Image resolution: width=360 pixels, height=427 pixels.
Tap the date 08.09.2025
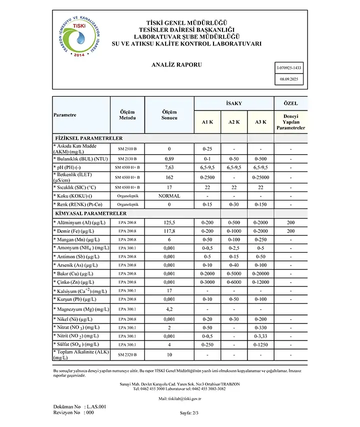[x=289, y=79]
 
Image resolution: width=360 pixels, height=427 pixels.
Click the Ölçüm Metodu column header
[x=127, y=114]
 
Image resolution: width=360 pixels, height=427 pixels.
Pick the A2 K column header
[x=233, y=122]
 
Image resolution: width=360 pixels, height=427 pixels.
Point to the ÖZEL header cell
[x=290, y=103]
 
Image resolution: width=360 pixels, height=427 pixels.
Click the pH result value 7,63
[x=169, y=167]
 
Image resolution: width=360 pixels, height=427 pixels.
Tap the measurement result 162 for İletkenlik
[x=169, y=177]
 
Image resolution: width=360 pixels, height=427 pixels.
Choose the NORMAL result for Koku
[x=169, y=196]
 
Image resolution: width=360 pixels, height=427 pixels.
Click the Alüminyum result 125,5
[x=169, y=222]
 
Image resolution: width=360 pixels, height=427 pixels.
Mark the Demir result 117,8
[x=169, y=231]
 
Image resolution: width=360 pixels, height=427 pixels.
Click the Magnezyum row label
[x=80, y=309]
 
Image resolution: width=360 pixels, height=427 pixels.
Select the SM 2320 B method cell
[x=127, y=354]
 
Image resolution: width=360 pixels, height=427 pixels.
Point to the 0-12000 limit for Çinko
[x=260, y=282]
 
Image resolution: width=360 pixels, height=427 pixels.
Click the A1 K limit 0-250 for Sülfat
[x=207, y=344]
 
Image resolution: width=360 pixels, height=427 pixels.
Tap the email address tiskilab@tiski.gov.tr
[x=179, y=398]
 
